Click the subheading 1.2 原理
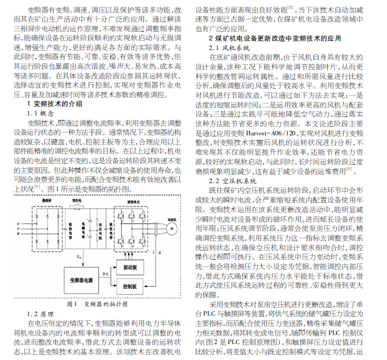40,314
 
